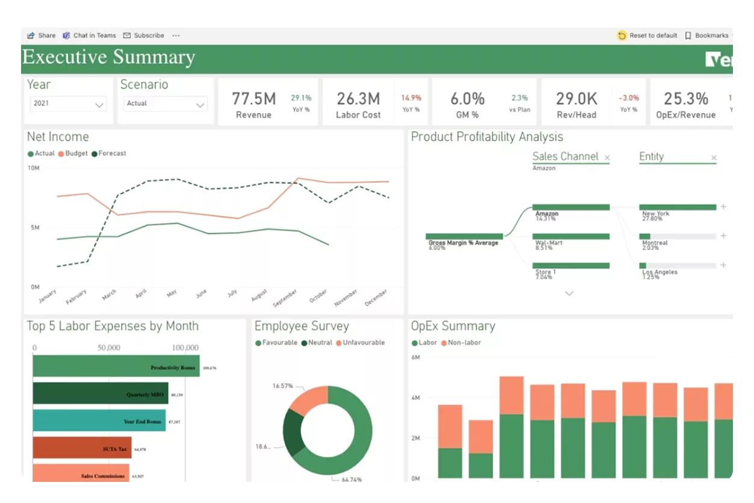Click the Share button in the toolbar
pyautogui.click(x=41, y=36)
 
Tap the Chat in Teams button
pyautogui.click(x=90, y=36)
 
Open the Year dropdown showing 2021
pyautogui.click(x=68, y=104)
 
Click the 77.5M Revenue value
pyautogui.click(x=254, y=99)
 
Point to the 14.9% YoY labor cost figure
pyautogui.click(x=411, y=98)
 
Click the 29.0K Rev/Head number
pyautogui.click(x=576, y=99)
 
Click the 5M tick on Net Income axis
pyautogui.click(x=34, y=228)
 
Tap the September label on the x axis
pyautogui.click(x=285, y=299)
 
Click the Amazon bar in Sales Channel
pyautogui.click(x=571, y=207)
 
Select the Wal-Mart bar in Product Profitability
pyautogui.click(x=571, y=237)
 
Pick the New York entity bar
pyautogui.click(x=678, y=207)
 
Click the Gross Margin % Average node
pyautogui.click(x=464, y=237)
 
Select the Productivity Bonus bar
pyautogui.click(x=116, y=366)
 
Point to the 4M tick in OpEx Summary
pyautogui.click(x=415, y=398)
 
